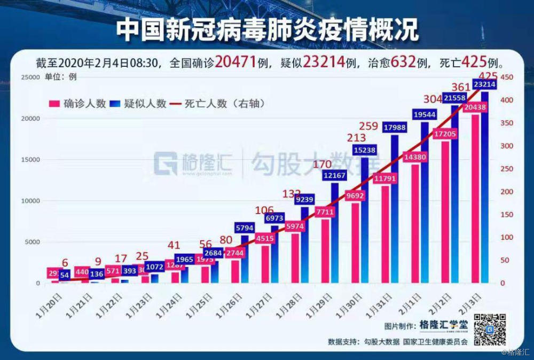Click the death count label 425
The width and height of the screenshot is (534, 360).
489,76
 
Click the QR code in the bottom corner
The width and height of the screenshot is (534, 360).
490,330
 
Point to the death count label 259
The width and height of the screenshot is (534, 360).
369,127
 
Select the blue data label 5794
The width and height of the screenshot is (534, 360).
252,229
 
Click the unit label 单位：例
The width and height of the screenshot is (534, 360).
64,76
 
